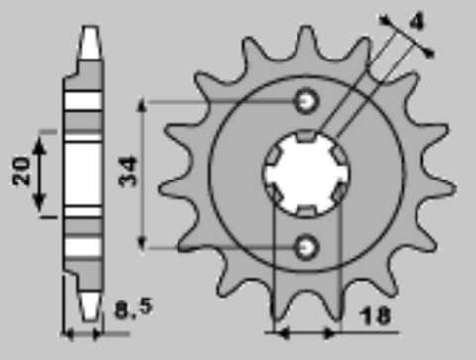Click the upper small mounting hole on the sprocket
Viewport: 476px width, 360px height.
(306, 101)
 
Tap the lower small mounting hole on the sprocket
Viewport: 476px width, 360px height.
(306, 243)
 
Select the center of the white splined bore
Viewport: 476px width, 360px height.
(306, 173)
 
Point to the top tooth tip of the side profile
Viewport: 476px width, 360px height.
(89, 30)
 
